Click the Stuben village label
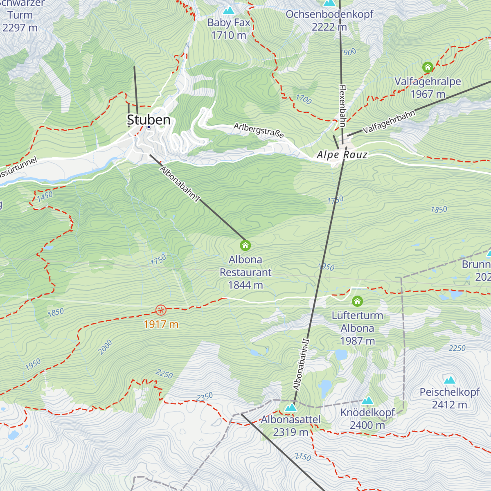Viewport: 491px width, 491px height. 149,120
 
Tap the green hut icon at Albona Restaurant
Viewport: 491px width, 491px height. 245,245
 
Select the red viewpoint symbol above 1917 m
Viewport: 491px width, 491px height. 161,310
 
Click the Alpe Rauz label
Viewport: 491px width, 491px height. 342,155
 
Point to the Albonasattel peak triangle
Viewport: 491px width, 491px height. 291,408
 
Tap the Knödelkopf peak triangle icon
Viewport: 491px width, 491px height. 367,401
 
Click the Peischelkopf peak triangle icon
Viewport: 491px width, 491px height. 450,380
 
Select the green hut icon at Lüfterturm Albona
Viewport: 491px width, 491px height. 357,302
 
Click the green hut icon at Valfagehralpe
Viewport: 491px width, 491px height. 428,67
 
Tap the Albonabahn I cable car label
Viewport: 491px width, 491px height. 180,185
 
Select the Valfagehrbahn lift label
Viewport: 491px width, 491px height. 389,122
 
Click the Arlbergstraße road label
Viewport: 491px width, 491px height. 259,130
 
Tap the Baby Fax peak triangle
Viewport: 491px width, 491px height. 228,10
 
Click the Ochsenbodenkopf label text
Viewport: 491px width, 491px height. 329,14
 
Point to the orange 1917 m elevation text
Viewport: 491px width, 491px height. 161,324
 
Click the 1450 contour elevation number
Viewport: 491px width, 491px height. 45,196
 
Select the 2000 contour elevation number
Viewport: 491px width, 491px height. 105,347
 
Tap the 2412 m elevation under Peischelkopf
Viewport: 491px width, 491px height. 449,405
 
